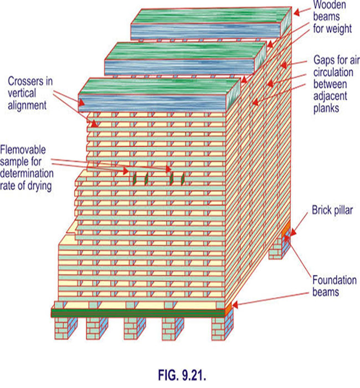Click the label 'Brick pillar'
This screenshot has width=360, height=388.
tap(330, 211)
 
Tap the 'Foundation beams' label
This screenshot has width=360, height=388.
tap(332, 285)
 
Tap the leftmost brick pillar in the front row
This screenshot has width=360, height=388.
tap(63, 329)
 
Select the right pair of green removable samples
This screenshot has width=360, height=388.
tap(177, 178)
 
